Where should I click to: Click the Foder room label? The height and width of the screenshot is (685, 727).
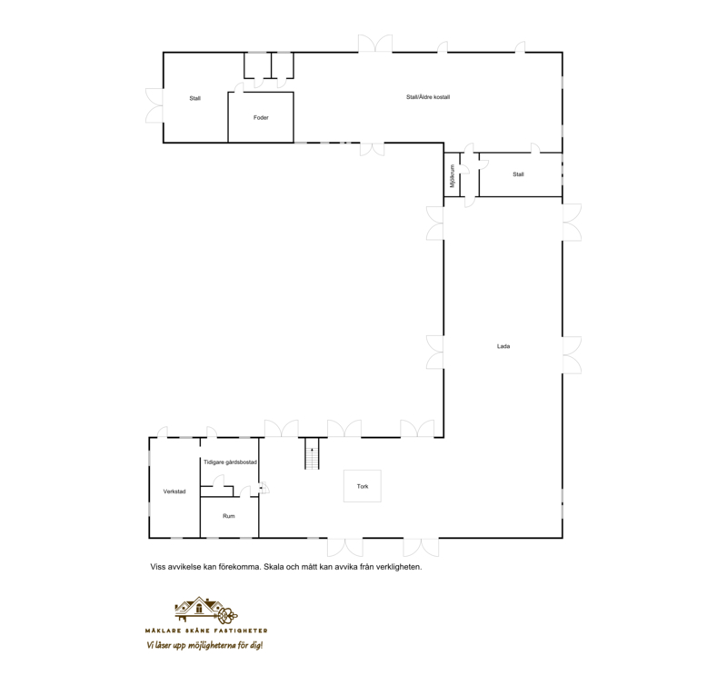click(261, 118)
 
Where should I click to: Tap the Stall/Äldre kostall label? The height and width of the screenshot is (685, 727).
click(428, 97)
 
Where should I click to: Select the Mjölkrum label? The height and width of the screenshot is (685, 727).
click(453, 176)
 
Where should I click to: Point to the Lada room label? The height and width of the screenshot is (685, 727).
click(503, 346)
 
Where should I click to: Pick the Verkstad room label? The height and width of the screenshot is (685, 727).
click(174, 491)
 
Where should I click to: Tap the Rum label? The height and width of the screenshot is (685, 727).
click(229, 516)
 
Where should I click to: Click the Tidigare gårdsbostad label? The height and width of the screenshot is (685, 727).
click(230, 462)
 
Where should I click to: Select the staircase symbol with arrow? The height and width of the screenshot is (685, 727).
click(312, 453)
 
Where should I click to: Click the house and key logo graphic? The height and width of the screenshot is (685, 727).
click(206, 611)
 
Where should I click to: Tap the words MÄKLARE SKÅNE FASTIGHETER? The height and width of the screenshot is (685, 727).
click(206, 630)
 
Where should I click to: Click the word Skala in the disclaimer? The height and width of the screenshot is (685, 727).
click(273, 567)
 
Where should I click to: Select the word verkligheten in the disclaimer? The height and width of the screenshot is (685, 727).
click(398, 567)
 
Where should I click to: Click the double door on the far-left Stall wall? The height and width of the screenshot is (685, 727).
click(154, 105)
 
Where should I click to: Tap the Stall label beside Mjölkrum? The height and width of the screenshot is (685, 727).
click(518, 174)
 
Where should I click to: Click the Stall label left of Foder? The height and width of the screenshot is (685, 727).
click(194, 99)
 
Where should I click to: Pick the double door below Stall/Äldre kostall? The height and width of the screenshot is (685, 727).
click(373, 149)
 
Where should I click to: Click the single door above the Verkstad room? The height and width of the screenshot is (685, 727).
click(163, 432)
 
